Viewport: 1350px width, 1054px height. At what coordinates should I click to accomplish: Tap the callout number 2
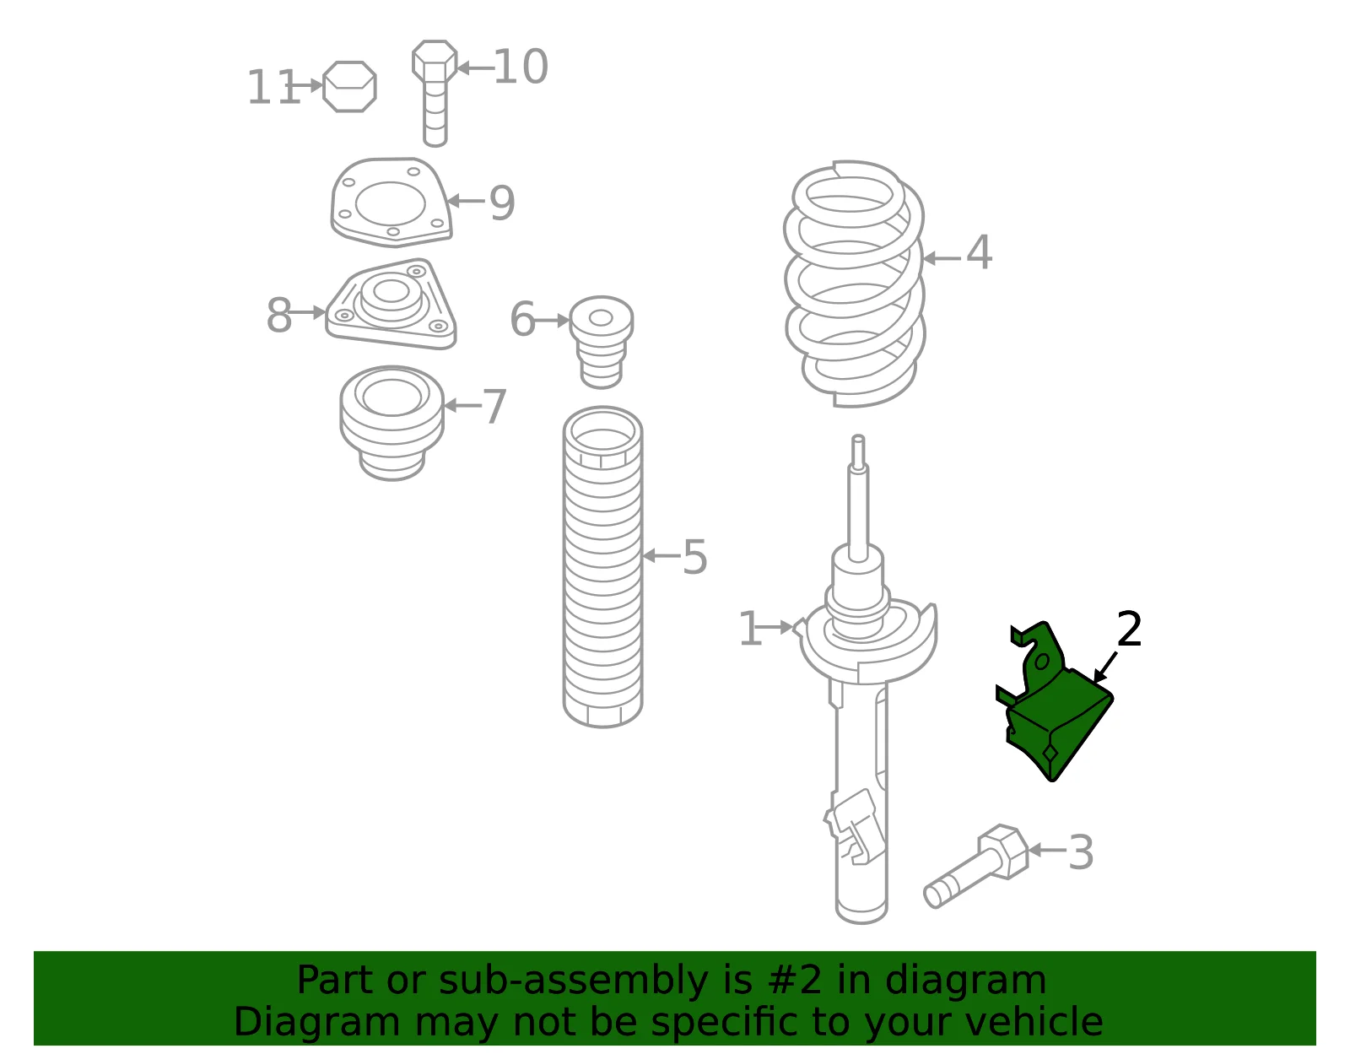(x=1129, y=630)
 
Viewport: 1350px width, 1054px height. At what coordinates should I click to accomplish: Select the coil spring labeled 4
(x=854, y=284)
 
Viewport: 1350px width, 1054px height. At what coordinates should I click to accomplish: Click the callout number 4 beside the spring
(x=979, y=252)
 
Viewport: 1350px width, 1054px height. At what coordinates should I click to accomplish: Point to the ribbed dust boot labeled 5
(x=602, y=567)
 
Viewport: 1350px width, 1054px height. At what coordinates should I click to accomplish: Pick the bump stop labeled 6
(x=602, y=343)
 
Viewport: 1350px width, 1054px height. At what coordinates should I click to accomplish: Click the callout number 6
(x=521, y=319)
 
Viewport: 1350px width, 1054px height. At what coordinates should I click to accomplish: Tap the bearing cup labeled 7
(x=392, y=423)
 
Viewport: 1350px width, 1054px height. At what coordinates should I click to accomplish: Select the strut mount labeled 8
(x=391, y=304)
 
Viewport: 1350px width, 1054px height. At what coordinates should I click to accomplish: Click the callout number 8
(x=279, y=315)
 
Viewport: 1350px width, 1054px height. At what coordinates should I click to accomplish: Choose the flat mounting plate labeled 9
(x=391, y=203)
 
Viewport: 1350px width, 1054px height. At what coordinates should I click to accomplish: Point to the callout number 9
(x=502, y=203)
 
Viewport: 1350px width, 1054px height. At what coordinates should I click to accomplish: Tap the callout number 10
(x=521, y=67)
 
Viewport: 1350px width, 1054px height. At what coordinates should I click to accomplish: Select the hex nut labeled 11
(x=350, y=86)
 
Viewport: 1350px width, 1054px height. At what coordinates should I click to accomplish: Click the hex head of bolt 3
(x=1002, y=851)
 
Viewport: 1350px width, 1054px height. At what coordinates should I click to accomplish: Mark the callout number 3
(x=1080, y=853)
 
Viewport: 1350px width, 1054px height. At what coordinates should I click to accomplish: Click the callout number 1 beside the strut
(x=750, y=628)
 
